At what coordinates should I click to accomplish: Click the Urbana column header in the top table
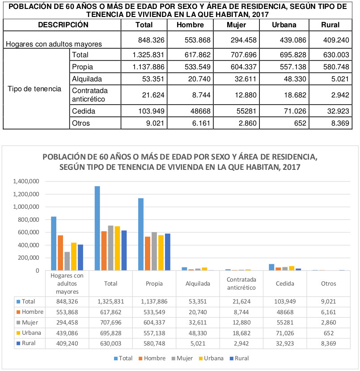tap(284, 25)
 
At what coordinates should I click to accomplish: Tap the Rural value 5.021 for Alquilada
tap(340, 79)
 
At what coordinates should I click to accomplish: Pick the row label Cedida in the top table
tap(84, 111)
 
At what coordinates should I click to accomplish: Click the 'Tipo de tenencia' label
tap(34, 89)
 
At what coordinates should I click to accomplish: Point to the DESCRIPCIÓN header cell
tap(63, 25)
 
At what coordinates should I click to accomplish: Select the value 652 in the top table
tap(300, 123)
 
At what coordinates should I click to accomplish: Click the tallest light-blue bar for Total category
tap(97, 228)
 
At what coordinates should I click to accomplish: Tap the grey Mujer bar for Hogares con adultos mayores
tap(67, 261)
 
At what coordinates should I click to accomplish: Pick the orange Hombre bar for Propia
tap(148, 253)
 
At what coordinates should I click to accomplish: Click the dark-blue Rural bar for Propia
tap(168, 252)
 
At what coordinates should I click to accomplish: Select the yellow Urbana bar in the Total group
tap(118, 249)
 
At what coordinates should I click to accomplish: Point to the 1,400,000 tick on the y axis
tap(26, 181)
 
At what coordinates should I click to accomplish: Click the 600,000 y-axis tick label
tap(29, 232)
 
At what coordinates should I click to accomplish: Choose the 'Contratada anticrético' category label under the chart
tap(241, 283)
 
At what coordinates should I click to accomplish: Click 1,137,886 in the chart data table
tap(154, 302)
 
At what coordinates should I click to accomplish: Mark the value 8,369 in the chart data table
tap(329, 344)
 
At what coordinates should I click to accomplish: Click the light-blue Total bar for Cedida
tap(272, 267)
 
